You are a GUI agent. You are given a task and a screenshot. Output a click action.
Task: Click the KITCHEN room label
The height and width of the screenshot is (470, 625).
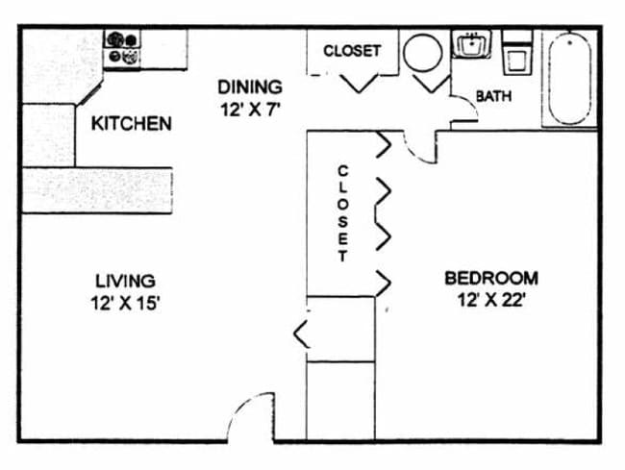(x=132, y=123)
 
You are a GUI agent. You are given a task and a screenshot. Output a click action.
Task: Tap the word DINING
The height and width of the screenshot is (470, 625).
(x=250, y=87)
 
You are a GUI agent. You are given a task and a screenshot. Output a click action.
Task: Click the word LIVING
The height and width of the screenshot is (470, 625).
(x=125, y=281)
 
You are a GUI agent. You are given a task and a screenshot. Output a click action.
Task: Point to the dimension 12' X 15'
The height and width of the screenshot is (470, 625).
(x=125, y=303)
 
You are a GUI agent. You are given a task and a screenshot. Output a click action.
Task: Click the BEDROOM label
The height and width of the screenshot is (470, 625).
(x=491, y=278)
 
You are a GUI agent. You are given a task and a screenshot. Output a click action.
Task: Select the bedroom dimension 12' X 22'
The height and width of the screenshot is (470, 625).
(x=489, y=300)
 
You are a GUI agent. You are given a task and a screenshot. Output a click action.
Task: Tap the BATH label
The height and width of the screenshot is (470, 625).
(x=494, y=96)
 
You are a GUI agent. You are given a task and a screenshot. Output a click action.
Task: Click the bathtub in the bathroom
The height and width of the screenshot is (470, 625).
(x=569, y=79)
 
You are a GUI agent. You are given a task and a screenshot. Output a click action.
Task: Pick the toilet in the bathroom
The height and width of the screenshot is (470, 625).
(x=517, y=53)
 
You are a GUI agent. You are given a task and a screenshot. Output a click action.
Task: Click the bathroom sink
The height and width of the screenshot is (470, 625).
(x=472, y=44)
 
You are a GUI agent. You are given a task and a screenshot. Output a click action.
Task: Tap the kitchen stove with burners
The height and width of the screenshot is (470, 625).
(x=122, y=49)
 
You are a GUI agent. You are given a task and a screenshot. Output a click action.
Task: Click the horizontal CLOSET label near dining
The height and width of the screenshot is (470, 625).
(x=352, y=51)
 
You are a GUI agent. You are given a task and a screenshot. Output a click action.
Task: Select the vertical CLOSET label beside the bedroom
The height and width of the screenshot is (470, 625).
(x=343, y=213)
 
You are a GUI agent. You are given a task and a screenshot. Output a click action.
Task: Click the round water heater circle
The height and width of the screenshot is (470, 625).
(x=422, y=53)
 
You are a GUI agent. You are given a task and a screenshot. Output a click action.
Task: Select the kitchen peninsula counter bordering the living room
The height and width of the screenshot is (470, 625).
(x=97, y=190)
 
